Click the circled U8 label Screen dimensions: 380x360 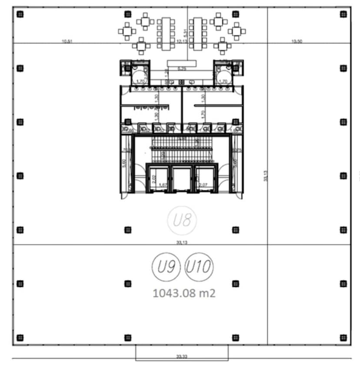pos(182,221)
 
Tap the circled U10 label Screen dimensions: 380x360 pos(199,267)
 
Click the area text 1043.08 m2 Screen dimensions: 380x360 pos(184,293)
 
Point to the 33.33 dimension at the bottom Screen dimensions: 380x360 pos(182,356)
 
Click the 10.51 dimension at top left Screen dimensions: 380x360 pos(67,41)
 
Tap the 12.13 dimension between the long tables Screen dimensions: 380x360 pos(182,41)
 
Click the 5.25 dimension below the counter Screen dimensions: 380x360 pos(181,68)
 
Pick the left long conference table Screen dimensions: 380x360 pos(166,34)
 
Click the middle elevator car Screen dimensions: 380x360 pos(181,179)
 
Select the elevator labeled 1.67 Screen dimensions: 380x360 pos(160,179)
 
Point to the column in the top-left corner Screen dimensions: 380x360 pos(20,14)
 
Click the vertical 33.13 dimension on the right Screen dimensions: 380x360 pos(265,176)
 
